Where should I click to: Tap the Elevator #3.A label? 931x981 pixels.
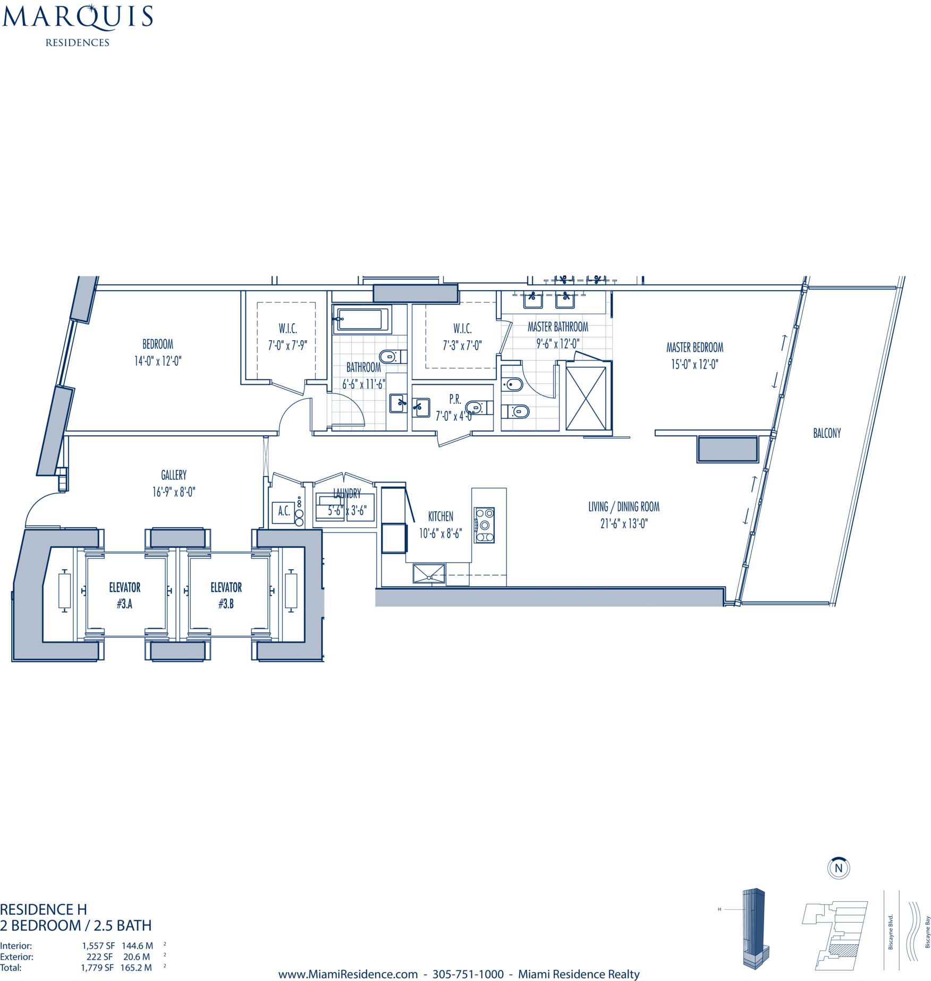125,595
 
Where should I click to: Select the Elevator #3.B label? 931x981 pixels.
226,595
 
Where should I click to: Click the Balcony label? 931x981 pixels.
827,433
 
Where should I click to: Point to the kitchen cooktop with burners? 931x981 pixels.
484,525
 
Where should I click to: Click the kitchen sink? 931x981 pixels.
429,574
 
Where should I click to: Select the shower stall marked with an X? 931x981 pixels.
586,398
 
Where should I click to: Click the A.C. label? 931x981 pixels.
284,511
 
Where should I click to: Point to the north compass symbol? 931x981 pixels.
839,868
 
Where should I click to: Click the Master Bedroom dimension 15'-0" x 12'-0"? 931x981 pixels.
695,365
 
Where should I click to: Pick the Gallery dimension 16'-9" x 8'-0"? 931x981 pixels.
174,492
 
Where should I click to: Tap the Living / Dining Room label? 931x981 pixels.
624,506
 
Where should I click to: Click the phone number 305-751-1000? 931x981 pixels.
468,974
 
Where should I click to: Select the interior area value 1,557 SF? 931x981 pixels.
98,945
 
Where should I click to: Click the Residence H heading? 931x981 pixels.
44,909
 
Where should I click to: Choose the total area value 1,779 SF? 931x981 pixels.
97,968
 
